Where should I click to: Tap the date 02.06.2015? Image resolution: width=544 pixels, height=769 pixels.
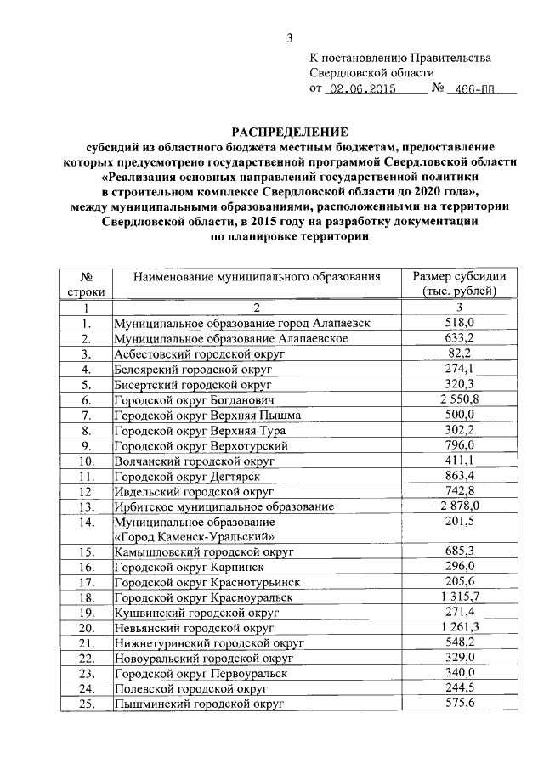pos(364,88)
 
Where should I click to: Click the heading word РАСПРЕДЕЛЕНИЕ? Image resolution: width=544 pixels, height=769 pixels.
pos(289,132)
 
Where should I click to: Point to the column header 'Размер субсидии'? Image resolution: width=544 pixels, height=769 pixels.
pos(458,277)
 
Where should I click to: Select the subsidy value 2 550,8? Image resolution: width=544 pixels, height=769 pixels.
pos(458,399)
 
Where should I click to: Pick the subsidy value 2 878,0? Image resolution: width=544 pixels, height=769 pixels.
pos(458,506)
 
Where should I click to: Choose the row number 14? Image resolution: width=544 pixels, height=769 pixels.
pos(85,521)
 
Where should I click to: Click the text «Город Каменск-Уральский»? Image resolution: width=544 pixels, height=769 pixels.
pos(194,536)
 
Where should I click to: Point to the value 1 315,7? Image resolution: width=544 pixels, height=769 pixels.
pos(458,597)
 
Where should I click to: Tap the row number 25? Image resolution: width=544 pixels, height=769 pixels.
pos(85,704)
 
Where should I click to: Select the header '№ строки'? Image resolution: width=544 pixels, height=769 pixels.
pos(85,284)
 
